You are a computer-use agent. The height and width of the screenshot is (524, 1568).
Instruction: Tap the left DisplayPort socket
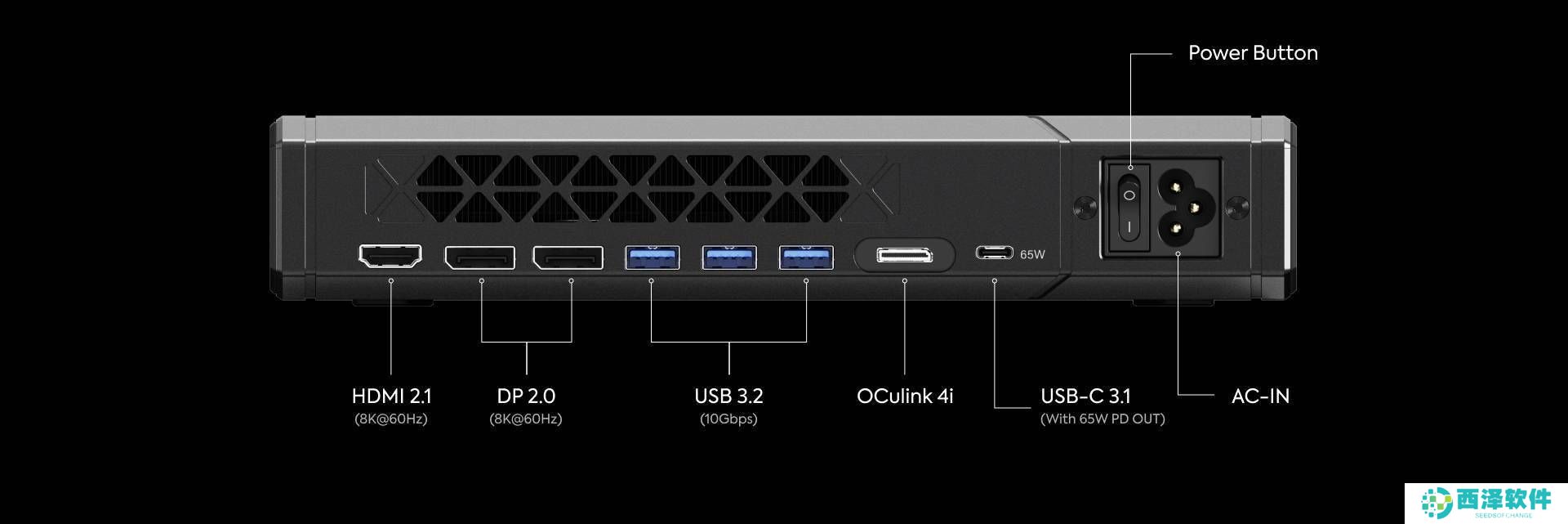click(x=479, y=258)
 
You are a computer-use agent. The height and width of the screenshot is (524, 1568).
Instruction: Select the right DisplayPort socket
click(x=568, y=258)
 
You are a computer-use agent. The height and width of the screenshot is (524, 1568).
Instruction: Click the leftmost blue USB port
click(x=652, y=258)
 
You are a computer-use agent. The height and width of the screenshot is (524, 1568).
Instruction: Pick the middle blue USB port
click(x=729, y=258)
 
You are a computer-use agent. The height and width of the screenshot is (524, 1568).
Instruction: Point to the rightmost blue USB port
click(x=806, y=258)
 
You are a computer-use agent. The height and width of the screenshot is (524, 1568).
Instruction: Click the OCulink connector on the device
click(x=904, y=256)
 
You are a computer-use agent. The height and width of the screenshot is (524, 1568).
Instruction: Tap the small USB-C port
click(x=994, y=253)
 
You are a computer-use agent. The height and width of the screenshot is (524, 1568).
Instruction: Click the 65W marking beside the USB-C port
click(x=1032, y=255)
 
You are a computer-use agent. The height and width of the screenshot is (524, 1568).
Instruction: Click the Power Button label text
click(x=1253, y=53)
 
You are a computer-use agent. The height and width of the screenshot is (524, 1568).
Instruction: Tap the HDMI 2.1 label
click(x=391, y=396)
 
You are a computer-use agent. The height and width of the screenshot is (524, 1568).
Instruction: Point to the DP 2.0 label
click(x=526, y=396)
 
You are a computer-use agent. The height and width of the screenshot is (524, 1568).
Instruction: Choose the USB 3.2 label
click(x=728, y=396)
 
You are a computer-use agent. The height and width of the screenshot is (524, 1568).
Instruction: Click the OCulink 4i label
click(x=905, y=396)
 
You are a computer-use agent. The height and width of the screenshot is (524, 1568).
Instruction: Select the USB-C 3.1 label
click(x=1085, y=396)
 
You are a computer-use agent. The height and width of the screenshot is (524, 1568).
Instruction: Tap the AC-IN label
click(x=1260, y=396)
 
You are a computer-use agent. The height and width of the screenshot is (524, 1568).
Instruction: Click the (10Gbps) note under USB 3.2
click(x=728, y=419)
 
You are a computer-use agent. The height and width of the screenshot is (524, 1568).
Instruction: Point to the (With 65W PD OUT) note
click(x=1102, y=419)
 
